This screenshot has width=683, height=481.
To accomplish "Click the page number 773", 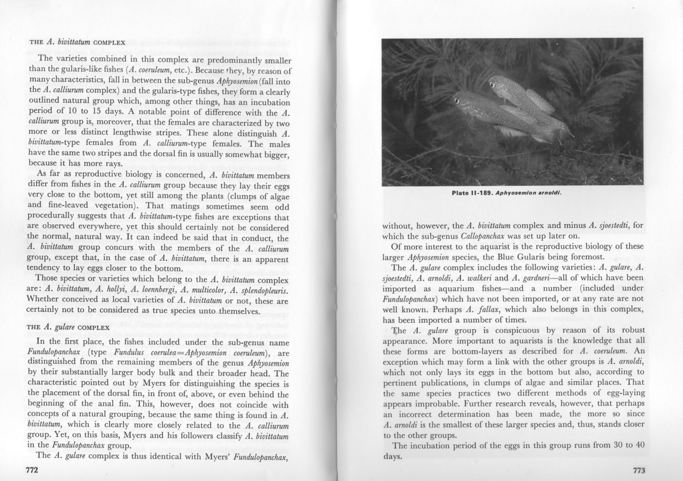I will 639,470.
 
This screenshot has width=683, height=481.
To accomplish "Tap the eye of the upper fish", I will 492,84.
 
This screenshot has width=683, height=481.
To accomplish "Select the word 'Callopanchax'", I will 482,236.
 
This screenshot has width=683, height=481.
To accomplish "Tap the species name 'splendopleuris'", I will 264,290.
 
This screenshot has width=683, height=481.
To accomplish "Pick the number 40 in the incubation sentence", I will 639,446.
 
